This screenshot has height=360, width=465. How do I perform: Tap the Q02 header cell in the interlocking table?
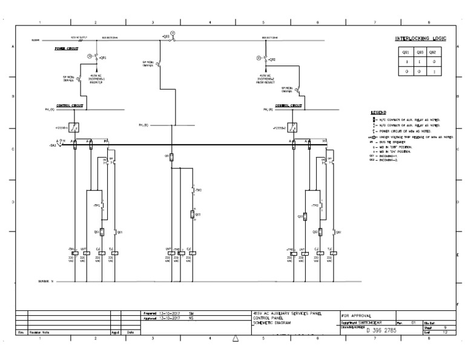click(432, 53)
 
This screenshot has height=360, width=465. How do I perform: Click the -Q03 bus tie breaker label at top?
click(165, 37)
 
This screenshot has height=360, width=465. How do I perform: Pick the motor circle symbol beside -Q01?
click(90, 56)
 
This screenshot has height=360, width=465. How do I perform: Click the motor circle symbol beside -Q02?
click(259, 58)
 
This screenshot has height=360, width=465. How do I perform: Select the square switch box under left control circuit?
click(73, 127)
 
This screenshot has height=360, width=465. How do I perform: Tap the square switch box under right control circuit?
click(292, 127)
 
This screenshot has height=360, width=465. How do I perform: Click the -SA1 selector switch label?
click(53, 145)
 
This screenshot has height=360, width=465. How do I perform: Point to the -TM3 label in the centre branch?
click(198, 190)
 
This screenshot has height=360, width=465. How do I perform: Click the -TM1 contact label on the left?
click(96, 205)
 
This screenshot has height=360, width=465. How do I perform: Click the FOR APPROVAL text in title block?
click(357, 316)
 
